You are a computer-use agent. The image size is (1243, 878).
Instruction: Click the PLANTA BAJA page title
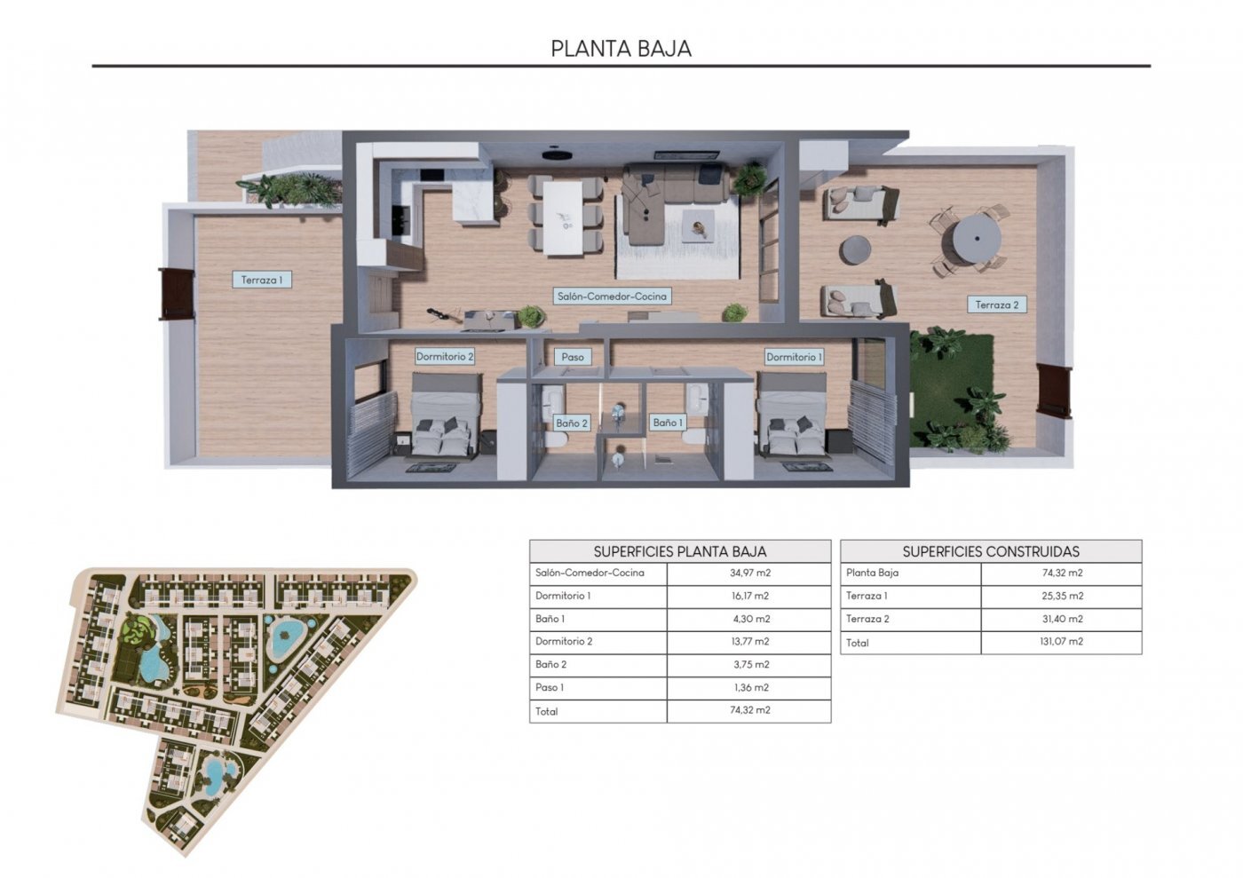621,48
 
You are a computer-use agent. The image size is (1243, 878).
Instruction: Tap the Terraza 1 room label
261,280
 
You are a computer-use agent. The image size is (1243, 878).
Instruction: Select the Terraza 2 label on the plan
997,305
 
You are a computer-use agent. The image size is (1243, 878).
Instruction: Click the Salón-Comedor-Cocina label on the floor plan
611,297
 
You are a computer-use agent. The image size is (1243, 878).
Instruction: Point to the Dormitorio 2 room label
445,357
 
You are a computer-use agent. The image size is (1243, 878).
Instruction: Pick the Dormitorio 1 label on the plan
794,357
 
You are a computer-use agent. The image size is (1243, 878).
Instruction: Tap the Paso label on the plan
573,357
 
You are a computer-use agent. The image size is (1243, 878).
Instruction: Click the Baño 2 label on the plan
572,423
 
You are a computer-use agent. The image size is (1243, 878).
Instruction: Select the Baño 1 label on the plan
668,423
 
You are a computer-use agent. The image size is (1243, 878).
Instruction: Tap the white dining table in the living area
564,217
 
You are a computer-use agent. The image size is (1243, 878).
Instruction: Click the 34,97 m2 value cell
749,573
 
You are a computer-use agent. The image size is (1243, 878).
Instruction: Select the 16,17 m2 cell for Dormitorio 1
749,597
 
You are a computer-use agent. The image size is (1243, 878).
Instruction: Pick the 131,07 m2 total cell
1061,642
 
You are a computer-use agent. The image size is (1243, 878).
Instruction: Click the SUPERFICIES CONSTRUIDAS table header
991,551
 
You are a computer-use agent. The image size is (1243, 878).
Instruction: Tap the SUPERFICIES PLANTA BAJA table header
680,551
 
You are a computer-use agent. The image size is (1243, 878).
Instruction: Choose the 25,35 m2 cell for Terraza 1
1061,597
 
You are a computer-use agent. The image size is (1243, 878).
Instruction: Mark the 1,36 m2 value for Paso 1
749,688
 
